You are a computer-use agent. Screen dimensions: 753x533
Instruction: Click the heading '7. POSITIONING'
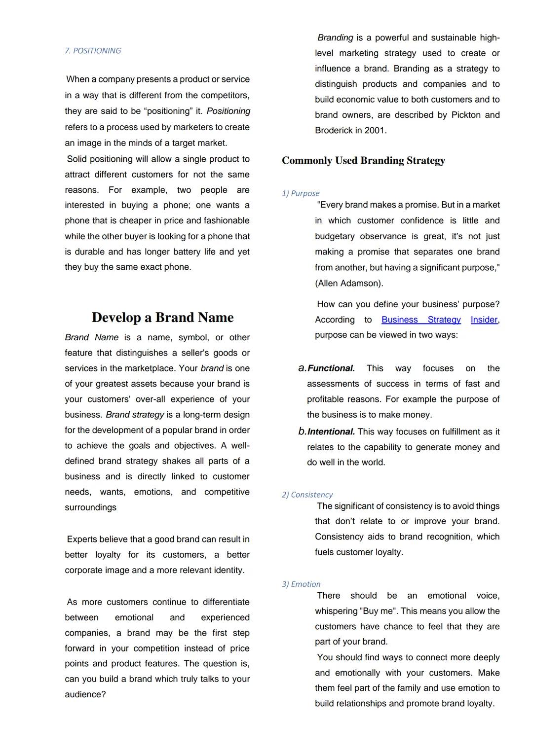point(93,51)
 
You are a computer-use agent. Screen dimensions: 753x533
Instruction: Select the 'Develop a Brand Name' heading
point(162,317)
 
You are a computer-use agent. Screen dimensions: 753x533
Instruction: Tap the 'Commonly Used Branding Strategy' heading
point(363,161)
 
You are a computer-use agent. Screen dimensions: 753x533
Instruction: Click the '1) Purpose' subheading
point(301,193)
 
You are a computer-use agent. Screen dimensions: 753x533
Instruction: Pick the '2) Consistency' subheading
point(307,495)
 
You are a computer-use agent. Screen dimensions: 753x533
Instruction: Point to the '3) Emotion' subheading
point(301,584)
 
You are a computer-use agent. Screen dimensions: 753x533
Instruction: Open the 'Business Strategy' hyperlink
point(421,320)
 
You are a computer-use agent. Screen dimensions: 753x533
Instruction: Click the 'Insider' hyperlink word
point(484,320)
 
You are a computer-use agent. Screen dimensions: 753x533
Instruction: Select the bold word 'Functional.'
point(331,368)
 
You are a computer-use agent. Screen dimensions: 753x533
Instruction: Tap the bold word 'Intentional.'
point(331,432)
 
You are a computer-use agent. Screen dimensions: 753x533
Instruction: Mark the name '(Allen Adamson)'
point(349,284)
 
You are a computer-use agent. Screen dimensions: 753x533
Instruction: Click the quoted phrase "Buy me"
point(379,611)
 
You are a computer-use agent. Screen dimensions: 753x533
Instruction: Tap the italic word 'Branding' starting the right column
point(335,38)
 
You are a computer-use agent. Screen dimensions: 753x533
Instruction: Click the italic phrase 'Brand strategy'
point(135,415)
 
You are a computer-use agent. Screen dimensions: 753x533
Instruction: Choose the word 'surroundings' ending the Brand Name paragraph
point(91,507)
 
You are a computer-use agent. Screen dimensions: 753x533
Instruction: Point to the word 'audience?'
point(85,694)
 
